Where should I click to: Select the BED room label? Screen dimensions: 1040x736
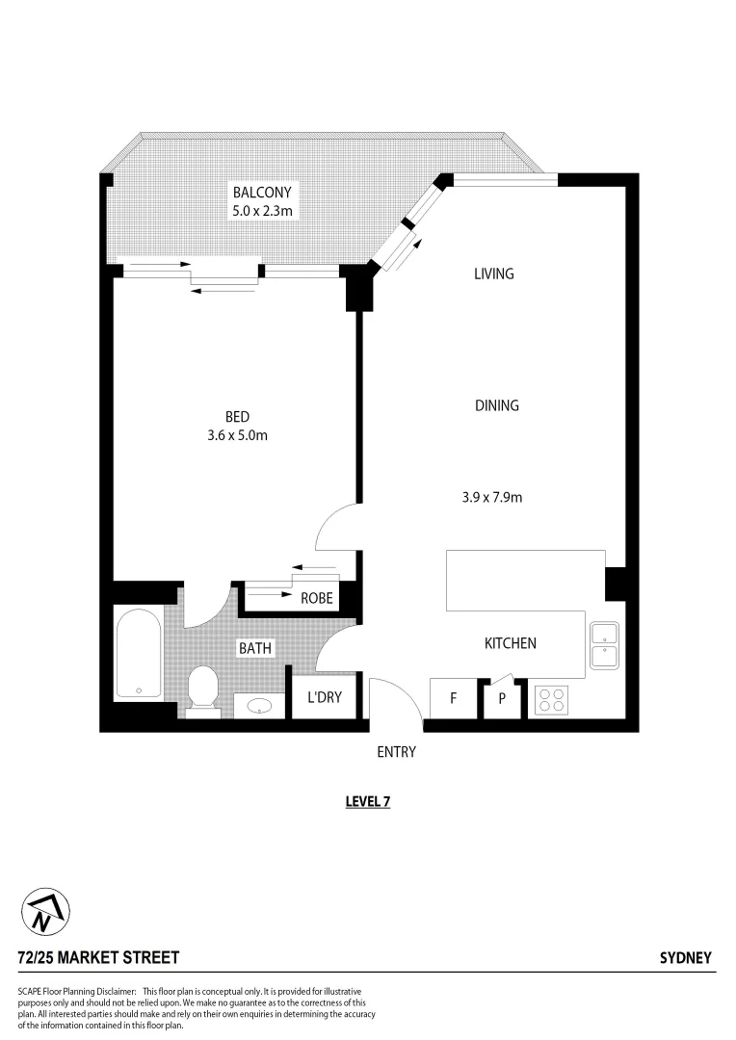click(238, 417)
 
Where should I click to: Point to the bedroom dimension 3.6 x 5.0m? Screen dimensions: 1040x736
click(238, 435)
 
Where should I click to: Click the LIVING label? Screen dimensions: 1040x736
click(493, 273)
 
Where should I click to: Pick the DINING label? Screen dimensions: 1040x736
click(497, 405)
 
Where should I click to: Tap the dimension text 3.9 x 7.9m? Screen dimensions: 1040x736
click(491, 498)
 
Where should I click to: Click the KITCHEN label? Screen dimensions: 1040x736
click(510, 643)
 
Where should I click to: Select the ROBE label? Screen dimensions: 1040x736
click(317, 598)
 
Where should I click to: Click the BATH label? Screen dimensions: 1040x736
click(255, 648)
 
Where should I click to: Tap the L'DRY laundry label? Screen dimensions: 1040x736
click(325, 697)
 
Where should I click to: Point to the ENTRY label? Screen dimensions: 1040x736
click(396, 752)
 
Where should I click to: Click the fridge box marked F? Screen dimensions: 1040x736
click(453, 699)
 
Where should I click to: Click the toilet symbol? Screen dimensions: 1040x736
click(202, 690)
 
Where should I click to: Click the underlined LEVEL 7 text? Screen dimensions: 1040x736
click(367, 801)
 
